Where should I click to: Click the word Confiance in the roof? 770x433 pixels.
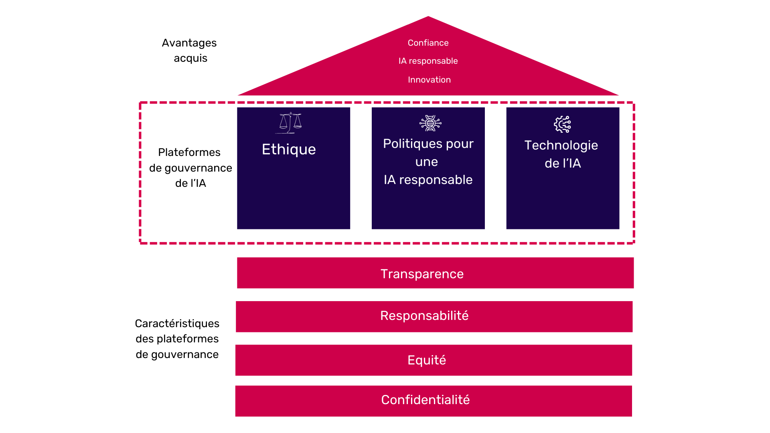coord(428,43)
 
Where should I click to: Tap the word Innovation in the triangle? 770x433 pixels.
coord(429,80)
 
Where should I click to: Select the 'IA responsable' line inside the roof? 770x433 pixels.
coord(428,61)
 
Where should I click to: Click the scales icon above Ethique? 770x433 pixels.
coord(290,123)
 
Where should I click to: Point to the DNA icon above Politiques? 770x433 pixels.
coord(430,123)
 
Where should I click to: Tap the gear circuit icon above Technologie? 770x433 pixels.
coord(562,124)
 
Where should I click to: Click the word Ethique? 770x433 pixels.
coord(289,149)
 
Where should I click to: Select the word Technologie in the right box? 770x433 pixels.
coord(561,145)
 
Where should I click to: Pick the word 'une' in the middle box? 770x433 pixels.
coord(426,162)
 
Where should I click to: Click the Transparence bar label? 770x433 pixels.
coord(422,274)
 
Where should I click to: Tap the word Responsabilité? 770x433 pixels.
coord(424,316)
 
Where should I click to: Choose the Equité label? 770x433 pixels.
coord(426,360)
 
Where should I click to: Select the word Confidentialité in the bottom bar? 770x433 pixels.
coord(425,400)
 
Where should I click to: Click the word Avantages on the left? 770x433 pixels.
coord(189,43)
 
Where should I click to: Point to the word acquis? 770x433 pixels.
coord(190,58)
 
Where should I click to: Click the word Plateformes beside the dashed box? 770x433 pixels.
coord(189,152)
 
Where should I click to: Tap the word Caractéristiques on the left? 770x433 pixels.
coord(177,324)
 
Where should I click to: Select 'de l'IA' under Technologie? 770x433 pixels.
coord(562,163)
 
